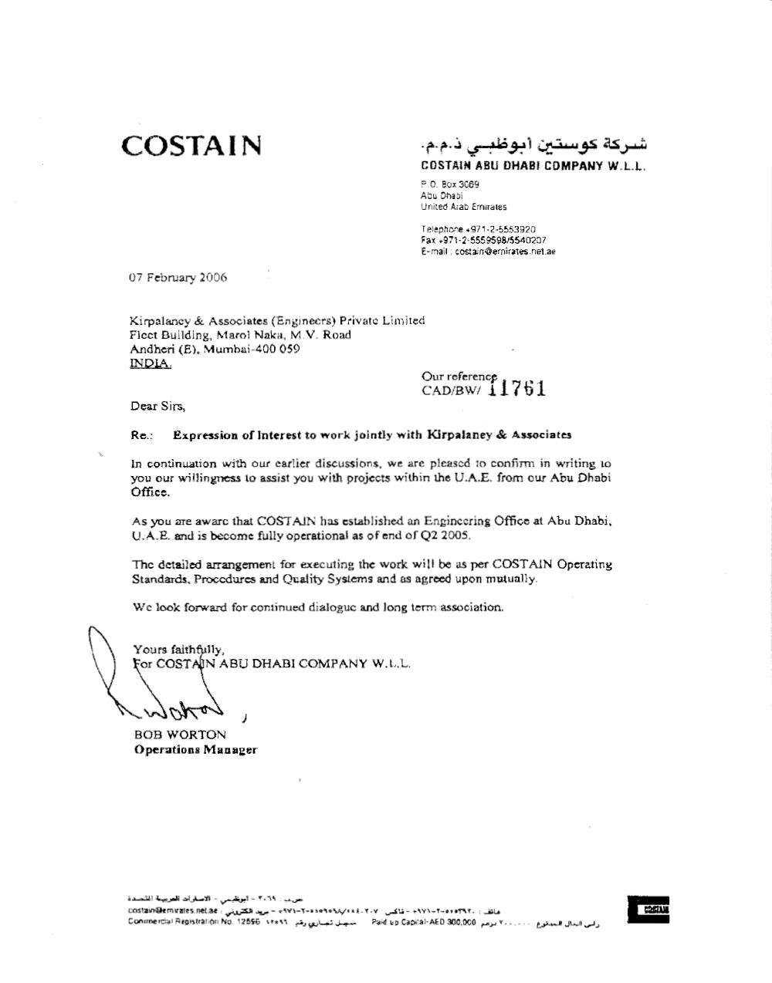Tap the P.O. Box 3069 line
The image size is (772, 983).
tap(450, 185)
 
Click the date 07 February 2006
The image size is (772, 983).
tap(178, 278)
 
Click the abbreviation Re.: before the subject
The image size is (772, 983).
tap(141, 435)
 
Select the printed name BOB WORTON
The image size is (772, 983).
tap(180, 735)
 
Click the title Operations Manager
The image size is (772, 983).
tap(196, 750)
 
